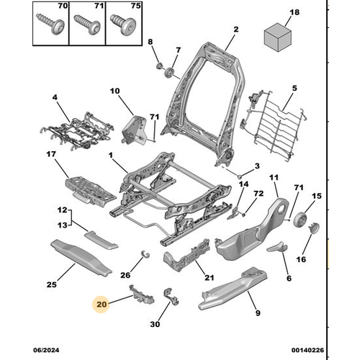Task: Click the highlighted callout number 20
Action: (102, 305)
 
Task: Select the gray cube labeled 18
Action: (278, 37)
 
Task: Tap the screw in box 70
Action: (50, 24)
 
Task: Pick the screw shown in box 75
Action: (123, 24)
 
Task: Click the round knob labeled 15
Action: (300, 220)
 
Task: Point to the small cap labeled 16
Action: (314, 228)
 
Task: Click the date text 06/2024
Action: (46, 350)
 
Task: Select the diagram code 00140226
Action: (307, 350)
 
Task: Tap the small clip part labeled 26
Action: (145, 253)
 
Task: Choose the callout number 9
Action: (258, 313)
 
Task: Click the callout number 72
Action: (258, 194)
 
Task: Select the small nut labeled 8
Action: (159, 66)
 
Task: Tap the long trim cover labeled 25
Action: (81, 256)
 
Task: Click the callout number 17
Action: (51, 154)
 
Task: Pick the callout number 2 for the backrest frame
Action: (236, 30)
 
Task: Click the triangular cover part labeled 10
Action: (135, 130)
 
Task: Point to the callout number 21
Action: (209, 278)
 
